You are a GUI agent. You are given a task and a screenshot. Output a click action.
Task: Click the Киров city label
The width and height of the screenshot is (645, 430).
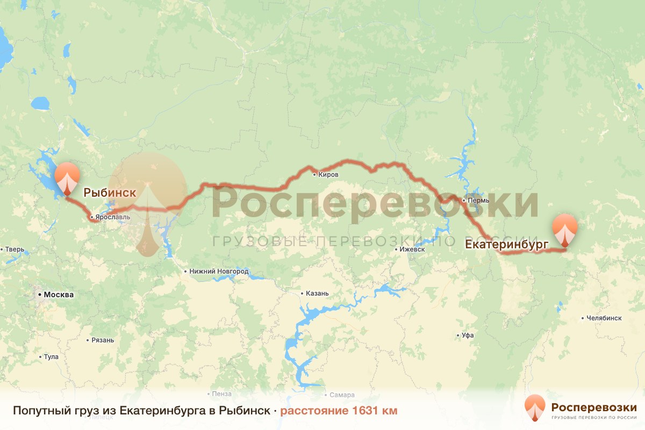tap(328, 174)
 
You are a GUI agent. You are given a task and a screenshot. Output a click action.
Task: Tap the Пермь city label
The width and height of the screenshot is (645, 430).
tap(478, 200)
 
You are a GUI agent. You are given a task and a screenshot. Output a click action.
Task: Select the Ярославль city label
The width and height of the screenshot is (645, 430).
tap(113, 218)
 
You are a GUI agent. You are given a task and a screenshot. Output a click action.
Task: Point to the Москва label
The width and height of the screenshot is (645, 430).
tap(58, 295)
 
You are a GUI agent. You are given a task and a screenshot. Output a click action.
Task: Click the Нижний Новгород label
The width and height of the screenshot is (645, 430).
tap(219, 271)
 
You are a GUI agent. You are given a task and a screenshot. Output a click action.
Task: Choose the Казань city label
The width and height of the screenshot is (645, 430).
tap(317, 293)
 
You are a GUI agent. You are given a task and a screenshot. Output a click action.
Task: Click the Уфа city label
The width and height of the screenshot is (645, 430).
tap(468, 335)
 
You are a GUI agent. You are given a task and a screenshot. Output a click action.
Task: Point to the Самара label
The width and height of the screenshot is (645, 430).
tap(342, 395)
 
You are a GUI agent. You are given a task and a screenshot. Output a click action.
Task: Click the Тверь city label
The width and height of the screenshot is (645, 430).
tap(15, 249)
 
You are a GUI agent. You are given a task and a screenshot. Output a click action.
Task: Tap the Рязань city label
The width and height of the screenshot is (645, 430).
tap(103, 340)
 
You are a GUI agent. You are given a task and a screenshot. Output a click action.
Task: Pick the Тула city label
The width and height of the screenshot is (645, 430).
tap(51, 357)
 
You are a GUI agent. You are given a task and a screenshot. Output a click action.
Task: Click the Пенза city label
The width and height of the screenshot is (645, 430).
tap(221, 394)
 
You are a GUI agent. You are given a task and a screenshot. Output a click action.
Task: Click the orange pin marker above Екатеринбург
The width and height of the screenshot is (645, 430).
tap(564, 230)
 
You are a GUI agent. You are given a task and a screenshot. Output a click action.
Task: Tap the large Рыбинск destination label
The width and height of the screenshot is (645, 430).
tap(109, 191)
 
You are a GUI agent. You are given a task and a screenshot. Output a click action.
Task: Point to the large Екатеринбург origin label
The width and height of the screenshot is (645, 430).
tap(506, 245)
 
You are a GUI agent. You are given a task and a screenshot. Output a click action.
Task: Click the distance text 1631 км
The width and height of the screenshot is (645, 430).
tap(339, 411)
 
